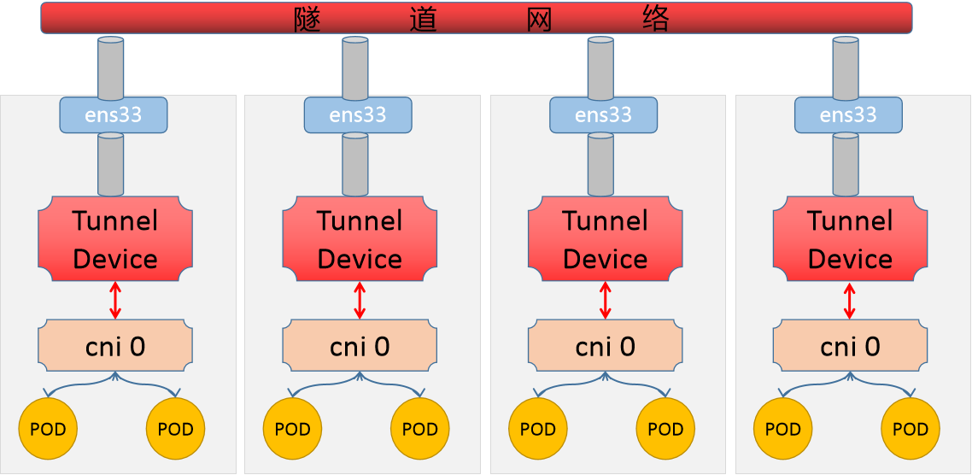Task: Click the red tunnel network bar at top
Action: click(x=476, y=18)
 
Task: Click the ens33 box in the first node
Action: click(x=113, y=114)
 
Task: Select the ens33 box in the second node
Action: click(x=358, y=114)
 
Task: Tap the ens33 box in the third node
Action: click(x=603, y=114)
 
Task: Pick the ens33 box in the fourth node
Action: click(x=848, y=114)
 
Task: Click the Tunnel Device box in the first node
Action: click(x=115, y=239)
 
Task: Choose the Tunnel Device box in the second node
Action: click(x=360, y=239)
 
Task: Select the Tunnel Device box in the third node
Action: click(x=605, y=239)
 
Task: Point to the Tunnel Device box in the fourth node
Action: click(x=850, y=239)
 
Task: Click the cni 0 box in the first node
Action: click(x=115, y=346)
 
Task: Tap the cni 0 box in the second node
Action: click(x=360, y=346)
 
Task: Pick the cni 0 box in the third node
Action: click(x=605, y=346)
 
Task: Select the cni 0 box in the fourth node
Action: click(x=850, y=346)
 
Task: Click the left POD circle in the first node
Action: click(x=48, y=429)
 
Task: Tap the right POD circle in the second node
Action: click(x=419, y=429)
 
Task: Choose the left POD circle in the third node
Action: click(x=538, y=429)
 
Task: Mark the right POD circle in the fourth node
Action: click(x=911, y=429)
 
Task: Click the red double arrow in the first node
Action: click(x=115, y=301)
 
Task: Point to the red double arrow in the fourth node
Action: click(x=849, y=301)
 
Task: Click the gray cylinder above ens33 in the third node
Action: click(x=600, y=68)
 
